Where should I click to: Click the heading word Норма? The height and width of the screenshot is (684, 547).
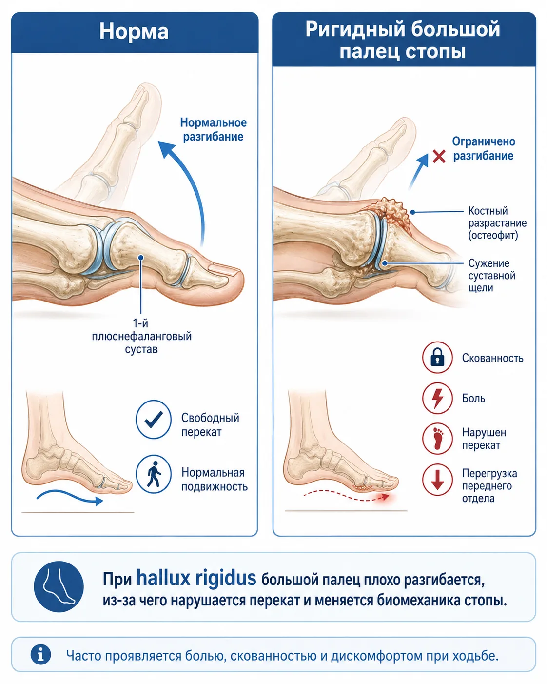134,31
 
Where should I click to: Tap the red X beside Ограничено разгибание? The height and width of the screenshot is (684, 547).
439,157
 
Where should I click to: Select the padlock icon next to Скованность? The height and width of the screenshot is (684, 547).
437,357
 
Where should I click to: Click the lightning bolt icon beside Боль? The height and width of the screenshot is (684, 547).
437,398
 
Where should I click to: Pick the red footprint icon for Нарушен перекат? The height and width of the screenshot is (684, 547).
437,438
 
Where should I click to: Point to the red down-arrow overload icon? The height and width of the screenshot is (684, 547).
437,480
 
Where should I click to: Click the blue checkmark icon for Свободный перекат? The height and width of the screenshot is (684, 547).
154,419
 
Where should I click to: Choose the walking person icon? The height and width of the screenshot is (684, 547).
154,474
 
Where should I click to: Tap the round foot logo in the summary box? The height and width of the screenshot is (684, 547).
59,586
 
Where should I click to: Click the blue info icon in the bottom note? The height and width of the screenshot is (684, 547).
40,655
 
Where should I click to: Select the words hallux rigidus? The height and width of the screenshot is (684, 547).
196,578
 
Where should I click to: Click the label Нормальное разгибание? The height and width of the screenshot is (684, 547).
213,130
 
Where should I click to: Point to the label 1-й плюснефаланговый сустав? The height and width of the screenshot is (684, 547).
142,336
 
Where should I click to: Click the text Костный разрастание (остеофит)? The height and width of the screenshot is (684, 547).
497,223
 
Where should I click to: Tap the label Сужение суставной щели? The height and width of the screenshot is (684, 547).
491,276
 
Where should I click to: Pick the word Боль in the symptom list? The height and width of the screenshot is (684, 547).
473,398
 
